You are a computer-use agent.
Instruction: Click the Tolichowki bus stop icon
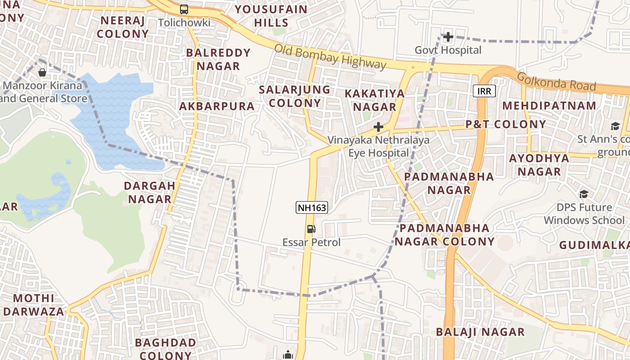coord(184,9)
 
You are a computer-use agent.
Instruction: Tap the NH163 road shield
coord(311,207)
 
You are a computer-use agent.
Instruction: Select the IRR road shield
coord(484,91)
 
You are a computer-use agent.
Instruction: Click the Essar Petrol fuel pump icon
coord(311,229)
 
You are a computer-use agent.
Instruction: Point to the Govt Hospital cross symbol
coord(448,37)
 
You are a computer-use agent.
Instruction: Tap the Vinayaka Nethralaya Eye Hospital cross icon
coord(378,127)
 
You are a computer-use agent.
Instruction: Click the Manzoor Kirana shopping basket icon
coord(42,72)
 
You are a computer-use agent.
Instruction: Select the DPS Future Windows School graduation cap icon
coord(584,194)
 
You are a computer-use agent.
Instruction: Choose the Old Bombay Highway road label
coord(330,57)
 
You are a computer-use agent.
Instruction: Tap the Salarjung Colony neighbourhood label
coord(295,96)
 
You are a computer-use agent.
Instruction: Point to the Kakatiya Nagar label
coord(374,100)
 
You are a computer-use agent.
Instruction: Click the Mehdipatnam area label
coord(549,105)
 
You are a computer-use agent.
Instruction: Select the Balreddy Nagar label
coord(218,59)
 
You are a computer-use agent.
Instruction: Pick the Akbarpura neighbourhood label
coord(217,106)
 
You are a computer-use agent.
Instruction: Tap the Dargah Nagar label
coord(149,192)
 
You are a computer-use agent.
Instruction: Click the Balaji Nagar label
coord(480,332)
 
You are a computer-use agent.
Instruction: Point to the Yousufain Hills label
coord(271,16)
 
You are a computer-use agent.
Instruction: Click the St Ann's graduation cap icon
coord(615,126)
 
